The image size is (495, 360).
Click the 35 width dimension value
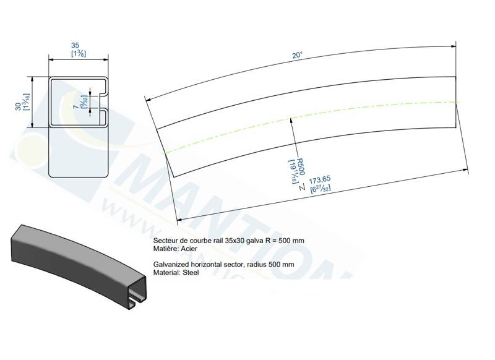[x=75, y=46]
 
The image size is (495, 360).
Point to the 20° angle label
[x=298, y=56]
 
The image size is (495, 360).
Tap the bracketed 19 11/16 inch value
[x=290, y=170]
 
